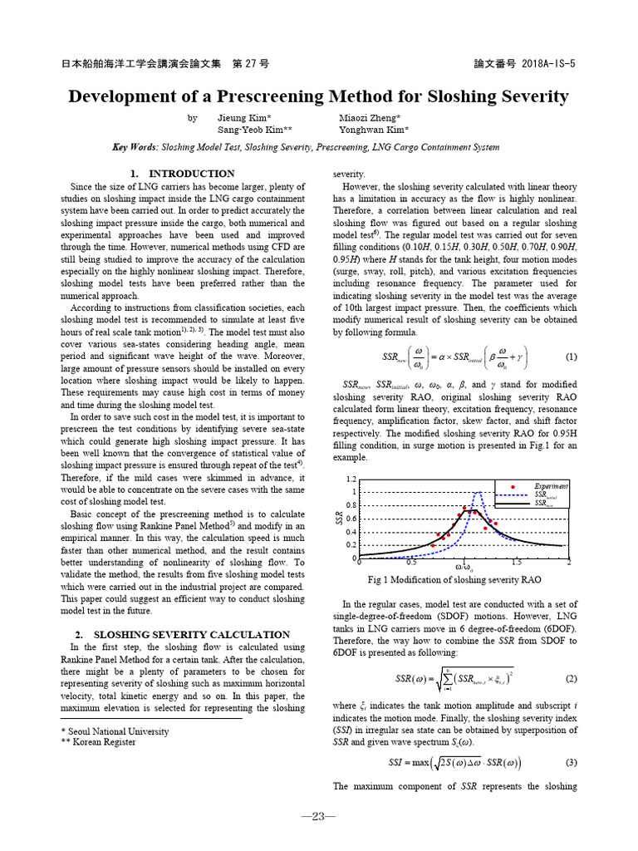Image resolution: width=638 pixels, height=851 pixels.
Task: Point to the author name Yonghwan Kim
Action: coord(374,130)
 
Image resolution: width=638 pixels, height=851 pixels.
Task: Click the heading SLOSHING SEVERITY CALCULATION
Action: coord(191,634)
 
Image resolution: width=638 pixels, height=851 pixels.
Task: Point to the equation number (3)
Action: coord(571,762)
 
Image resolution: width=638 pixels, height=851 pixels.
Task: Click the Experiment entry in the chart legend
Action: coord(551,485)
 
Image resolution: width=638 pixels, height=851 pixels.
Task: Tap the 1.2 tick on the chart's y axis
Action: coord(351,480)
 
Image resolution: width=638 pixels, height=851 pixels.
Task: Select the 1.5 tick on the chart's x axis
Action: coord(517,563)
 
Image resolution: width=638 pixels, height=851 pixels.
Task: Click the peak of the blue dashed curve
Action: coord(478,493)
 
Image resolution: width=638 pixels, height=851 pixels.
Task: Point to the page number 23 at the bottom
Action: coord(318,816)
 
